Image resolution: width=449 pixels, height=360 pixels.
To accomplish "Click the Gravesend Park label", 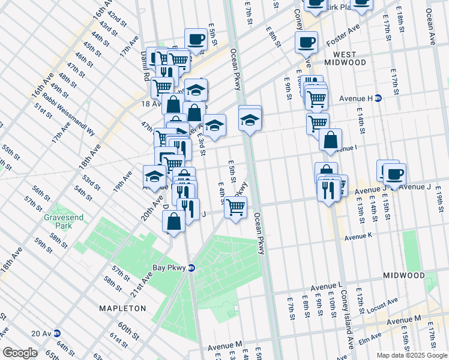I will pyautogui.click(x=58, y=221).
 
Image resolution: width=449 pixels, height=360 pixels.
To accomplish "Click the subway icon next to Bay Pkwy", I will pyautogui.click(x=191, y=268).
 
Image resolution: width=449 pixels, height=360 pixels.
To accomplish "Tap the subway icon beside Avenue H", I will pyautogui.click(x=378, y=98).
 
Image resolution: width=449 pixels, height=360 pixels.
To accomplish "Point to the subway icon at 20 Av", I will pyautogui.click(x=56, y=333).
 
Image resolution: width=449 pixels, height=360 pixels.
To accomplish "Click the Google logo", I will pyautogui.click(x=20, y=353).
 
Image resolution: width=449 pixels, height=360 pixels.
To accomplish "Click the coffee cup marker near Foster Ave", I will pyautogui.click(x=306, y=42).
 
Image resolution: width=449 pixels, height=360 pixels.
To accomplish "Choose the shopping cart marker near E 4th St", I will pyautogui.click(x=235, y=207).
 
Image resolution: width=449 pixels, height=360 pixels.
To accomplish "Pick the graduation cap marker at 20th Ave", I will pyautogui.click(x=154, y=176).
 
